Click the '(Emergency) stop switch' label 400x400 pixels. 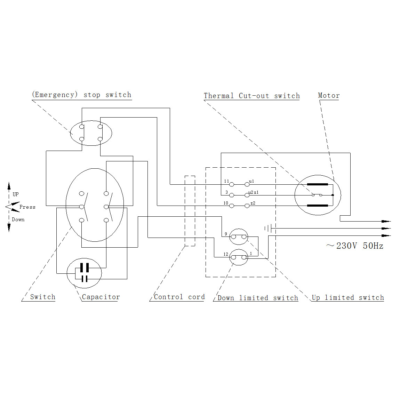click(81, 95)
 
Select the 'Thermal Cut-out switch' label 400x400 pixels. click(251, 96)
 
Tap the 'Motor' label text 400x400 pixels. click(329, 95)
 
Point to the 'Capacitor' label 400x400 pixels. click(101, 297)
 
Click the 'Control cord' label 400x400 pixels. click(179, 297)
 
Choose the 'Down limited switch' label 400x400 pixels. click(258, 298)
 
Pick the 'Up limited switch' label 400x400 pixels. click(348, 297)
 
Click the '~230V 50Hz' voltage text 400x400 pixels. click(355, 246)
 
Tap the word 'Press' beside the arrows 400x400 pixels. click(27, 207)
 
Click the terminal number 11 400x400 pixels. click(226, 181)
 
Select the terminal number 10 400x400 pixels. click(226, 203)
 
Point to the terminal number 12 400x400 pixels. click(226, 254)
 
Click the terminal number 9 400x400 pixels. click(226, 234)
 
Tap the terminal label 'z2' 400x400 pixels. click(253, 203)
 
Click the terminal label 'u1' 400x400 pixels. click(251, 181)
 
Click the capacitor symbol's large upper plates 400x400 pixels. click(84, 267)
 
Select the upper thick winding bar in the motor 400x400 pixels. click(317, 184)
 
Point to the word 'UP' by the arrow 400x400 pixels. click(16, 194)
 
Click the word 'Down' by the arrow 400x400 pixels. click(18, 219)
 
